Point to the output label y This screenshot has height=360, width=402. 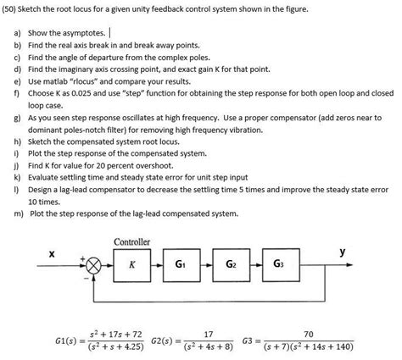tap(343, 252)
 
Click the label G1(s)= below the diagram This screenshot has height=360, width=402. tap(67, 341)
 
